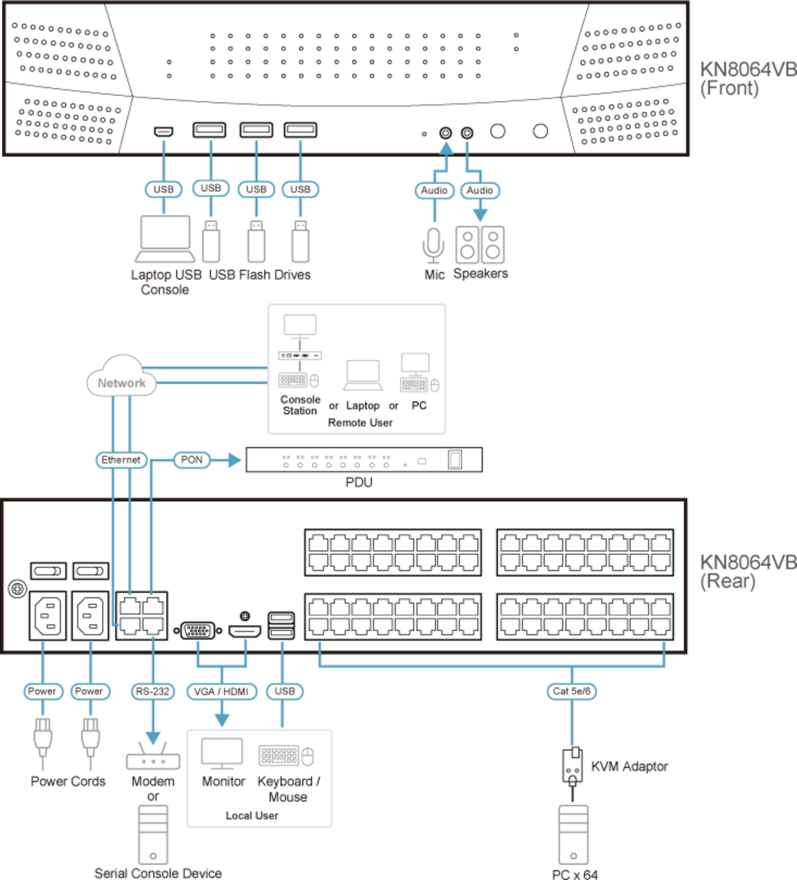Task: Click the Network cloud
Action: (x=122, y=377)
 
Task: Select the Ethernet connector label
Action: (x=121, y=460)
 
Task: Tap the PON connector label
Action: (x=192, y=460)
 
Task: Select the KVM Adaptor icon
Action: (x=572, y=766)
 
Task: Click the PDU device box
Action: (x=364, y=460)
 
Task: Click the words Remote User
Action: (x=360, y=423)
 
